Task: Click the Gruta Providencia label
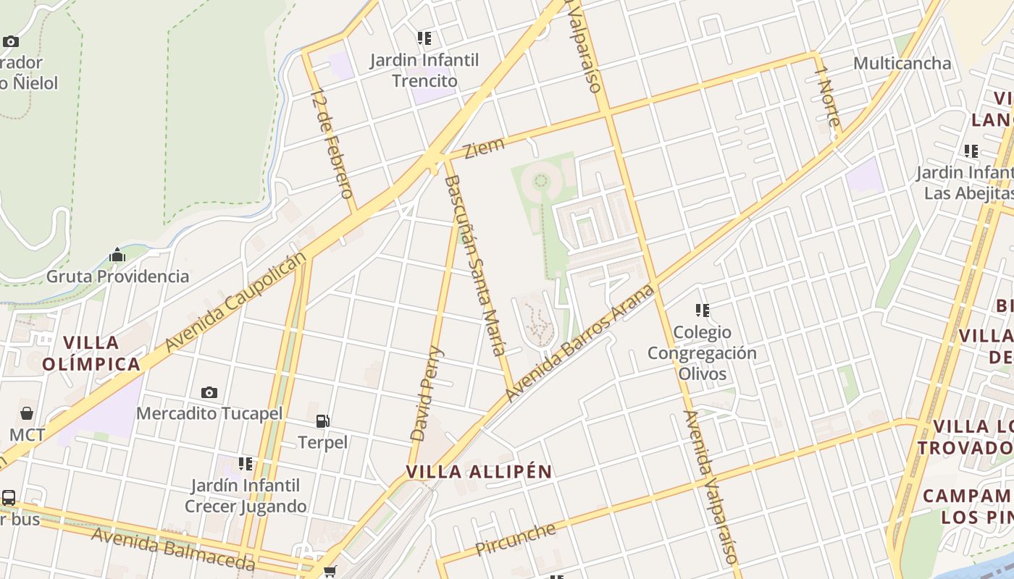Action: click(117, 276)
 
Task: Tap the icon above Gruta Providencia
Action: click(117, 255)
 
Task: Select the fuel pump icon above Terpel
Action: click(323, 420)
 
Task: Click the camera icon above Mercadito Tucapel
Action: click(209, 392)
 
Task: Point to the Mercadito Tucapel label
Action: click(209, 414)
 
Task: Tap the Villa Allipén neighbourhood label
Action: click(479, 472)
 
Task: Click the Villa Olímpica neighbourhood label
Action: click(91, 353)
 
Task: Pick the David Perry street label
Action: click(427, 394)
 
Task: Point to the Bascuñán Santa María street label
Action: click(475, 265)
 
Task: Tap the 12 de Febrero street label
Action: click(332, 143)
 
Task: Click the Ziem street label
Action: click(484, 148)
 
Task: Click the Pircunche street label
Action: click(516, 539)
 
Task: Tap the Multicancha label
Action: click(902, 64)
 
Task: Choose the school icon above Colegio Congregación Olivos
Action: click(702, 310)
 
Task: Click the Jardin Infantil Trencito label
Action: click(424, 69)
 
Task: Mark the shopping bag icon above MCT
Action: click(27, 413)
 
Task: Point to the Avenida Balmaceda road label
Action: click(174, 549)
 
